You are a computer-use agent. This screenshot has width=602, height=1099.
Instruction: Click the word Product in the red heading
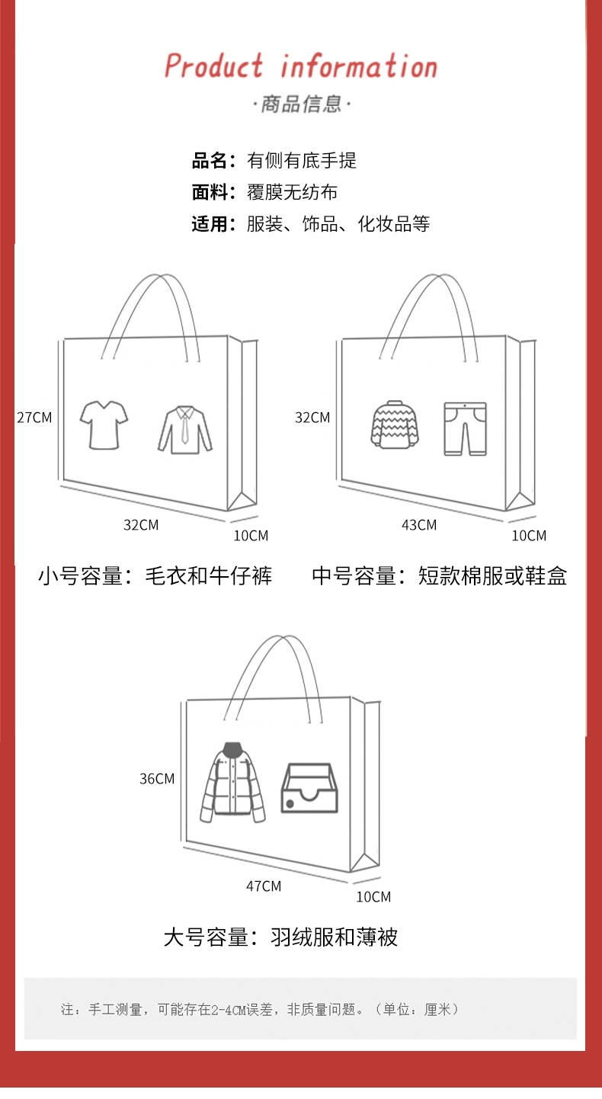point(214,66)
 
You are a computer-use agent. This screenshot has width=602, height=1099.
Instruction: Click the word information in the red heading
point(359,66)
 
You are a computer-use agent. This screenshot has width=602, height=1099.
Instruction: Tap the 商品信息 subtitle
point(302,104)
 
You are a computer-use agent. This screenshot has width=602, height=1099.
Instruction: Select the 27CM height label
point(34,417)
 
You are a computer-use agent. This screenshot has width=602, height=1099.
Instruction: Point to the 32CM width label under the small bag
point(141,524)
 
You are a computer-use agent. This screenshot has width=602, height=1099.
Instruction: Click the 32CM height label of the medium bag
point(312,417)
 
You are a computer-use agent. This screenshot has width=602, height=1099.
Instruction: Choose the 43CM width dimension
point(419,524)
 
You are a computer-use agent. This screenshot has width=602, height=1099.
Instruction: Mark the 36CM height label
point(157,778)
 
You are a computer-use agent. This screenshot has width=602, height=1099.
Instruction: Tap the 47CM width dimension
point(264,886)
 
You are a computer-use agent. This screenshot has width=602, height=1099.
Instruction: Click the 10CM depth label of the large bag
point(373,897)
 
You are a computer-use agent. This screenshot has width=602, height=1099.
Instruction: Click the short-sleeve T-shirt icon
point(104,425)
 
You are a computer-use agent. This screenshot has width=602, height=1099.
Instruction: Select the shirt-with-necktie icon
point(185,430)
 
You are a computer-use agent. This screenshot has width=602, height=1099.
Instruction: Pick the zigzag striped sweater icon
point(395,424)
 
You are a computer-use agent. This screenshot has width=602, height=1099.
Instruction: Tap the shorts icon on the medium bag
point(465,429)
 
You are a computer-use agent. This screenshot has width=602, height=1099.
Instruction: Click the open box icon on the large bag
point(309,788)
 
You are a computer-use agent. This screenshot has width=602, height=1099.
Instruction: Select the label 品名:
point(213,161)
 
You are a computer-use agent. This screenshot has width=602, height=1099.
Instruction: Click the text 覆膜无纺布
point(292,193)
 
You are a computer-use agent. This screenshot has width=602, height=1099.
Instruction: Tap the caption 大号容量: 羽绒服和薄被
point(280,937)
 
